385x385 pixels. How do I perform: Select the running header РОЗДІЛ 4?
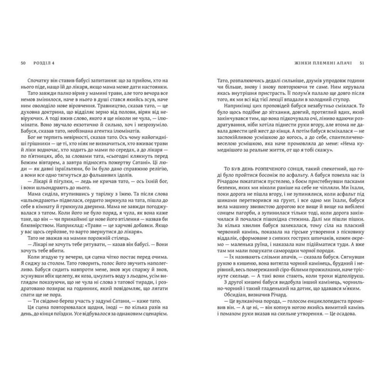point(43,64)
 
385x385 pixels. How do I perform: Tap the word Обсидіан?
point(229,285)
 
